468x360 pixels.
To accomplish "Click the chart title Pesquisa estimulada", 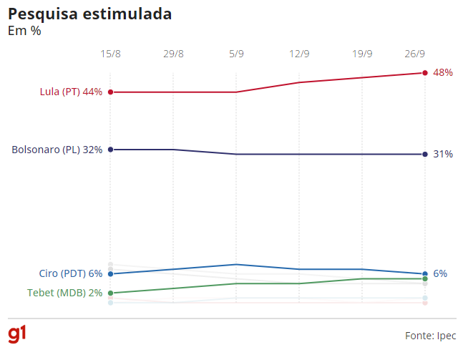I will tap(89, 14).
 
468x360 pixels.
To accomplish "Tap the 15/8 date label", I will tap(110, 54).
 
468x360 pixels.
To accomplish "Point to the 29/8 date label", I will tap(173, 54).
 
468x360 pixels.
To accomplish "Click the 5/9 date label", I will tap(236, 54).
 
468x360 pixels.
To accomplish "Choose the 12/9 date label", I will tap(299, 54).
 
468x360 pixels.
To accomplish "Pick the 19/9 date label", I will tap(362, 54).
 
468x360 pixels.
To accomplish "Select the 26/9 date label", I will tap(415, 54).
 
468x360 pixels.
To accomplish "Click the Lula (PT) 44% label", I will tap(71, 92).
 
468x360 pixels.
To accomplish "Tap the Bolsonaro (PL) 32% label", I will tap(57, 150).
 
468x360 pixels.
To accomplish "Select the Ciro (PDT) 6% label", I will tap(71, 273).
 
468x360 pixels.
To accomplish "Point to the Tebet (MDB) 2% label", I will tap(64, 293).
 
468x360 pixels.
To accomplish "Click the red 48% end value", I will tap(443, 72).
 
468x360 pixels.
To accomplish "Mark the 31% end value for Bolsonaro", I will tap(443, 154).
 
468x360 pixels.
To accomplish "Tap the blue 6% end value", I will tap(440, 273).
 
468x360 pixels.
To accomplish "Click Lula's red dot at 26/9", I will tap(425, 73).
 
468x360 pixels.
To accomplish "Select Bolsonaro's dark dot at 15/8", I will tap(110, 150).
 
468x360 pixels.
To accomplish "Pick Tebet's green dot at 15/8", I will tap(110, 293).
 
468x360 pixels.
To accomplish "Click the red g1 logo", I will tap(17, 334).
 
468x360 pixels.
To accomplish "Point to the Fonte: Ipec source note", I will tap(430, 335).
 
